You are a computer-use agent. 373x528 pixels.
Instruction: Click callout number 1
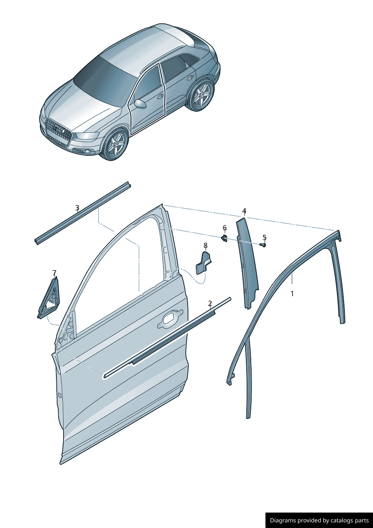pos(292,294)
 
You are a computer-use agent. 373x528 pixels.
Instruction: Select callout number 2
pos(210,303)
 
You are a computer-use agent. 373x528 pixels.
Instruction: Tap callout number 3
pos(77,208)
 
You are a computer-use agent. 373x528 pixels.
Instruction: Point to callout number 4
pos(244,210)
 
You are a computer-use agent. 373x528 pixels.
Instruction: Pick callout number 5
pos(264,237)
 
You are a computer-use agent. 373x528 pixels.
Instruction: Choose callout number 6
pos(224,228)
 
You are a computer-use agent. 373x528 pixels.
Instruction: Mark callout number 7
pos(55,273)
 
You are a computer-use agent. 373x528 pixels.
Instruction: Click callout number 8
pos(205,245)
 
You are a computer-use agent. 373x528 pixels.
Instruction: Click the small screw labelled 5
pos(263,245)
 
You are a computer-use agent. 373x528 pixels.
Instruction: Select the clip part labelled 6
pos(224,239)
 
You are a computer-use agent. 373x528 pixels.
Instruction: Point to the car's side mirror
pos(140,104)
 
